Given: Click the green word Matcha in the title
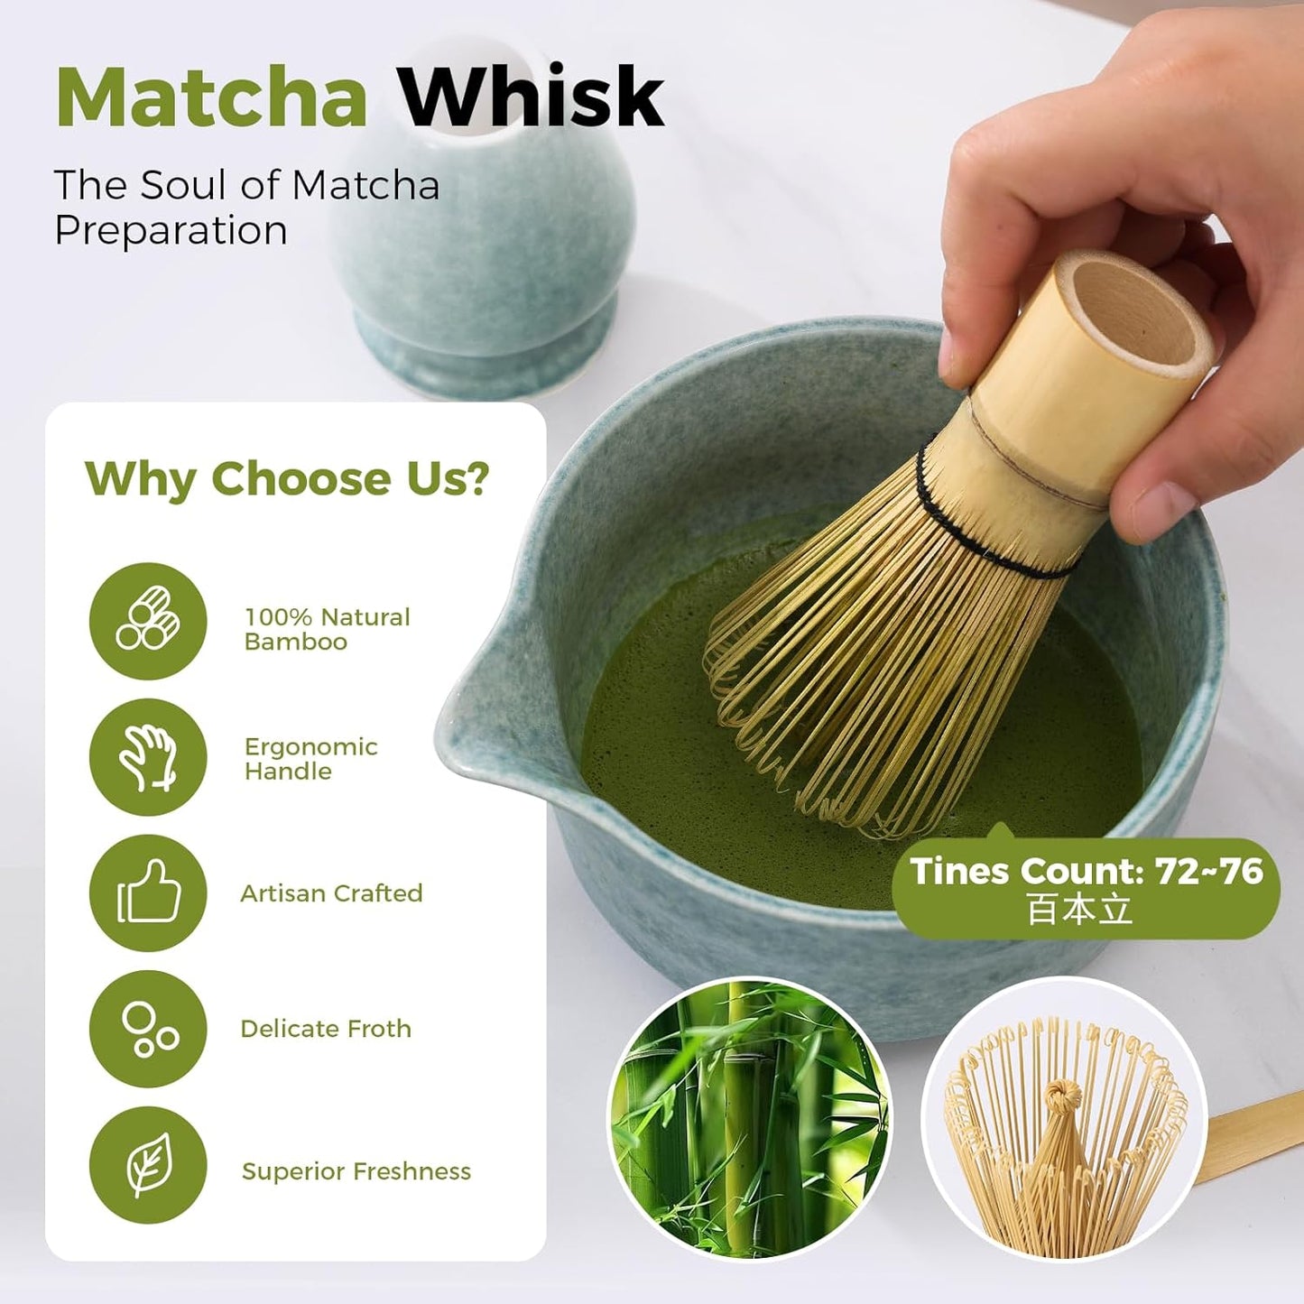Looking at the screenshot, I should [x=211, y=97].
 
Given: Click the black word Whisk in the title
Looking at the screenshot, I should [x=531, y=97].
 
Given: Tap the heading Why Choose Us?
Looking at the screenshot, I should [x=287, y=478].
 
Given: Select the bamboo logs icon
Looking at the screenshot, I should [x=148, y=621].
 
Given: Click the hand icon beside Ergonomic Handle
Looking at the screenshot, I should [x=148, y=757].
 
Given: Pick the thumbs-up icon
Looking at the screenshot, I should [x=148, y=892].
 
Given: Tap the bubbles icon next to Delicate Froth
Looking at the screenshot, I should [x=148, y=1029].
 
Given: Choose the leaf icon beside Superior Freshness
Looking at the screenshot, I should [x=148, y=1165].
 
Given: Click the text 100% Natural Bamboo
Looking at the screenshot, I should [x=327, y=629].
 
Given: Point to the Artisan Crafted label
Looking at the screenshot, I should [x=331, y=893].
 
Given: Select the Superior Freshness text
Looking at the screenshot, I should [x=356, y=1171].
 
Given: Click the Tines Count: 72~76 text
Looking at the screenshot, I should [x=1087, y=872].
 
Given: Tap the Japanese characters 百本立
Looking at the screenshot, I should [x=1079, y=910].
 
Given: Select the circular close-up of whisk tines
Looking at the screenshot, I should [x=1064, y=1119].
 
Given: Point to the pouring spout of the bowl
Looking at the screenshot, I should [x=478, y=722].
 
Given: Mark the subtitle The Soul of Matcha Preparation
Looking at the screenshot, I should [x=246, y=208].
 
